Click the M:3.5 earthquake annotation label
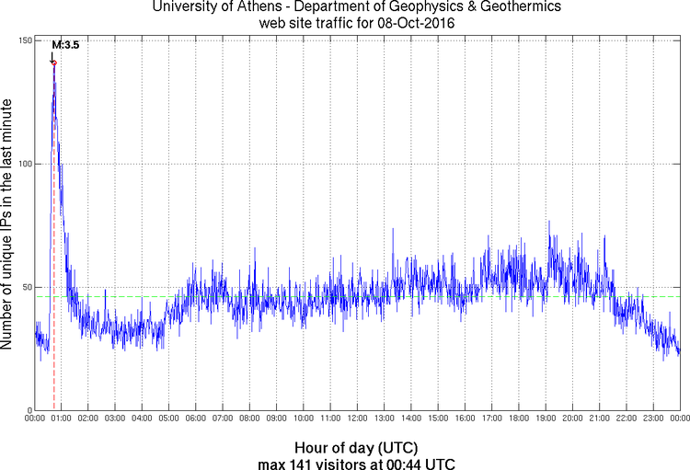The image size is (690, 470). [x=65, y=43]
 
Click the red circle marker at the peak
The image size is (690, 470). [x=54, y=63]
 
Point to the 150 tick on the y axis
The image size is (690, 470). [x=26, y=40]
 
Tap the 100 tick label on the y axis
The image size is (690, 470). [x=26, y=164]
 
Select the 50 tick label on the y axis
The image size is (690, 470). [x=28, y=287]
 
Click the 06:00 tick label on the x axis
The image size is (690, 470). [x=195, y=418]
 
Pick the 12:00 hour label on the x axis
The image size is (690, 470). [x=357, y=418]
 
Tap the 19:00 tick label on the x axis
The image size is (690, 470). [x=546, y=418]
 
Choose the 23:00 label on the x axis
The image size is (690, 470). [x=653, y=418]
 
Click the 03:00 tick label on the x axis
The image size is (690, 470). [x=115, y=418]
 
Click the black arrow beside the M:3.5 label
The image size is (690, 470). [x=52, y=54]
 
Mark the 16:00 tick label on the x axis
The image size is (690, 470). [x=465, y=418]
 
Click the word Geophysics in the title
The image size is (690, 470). [x=418, y=6]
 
